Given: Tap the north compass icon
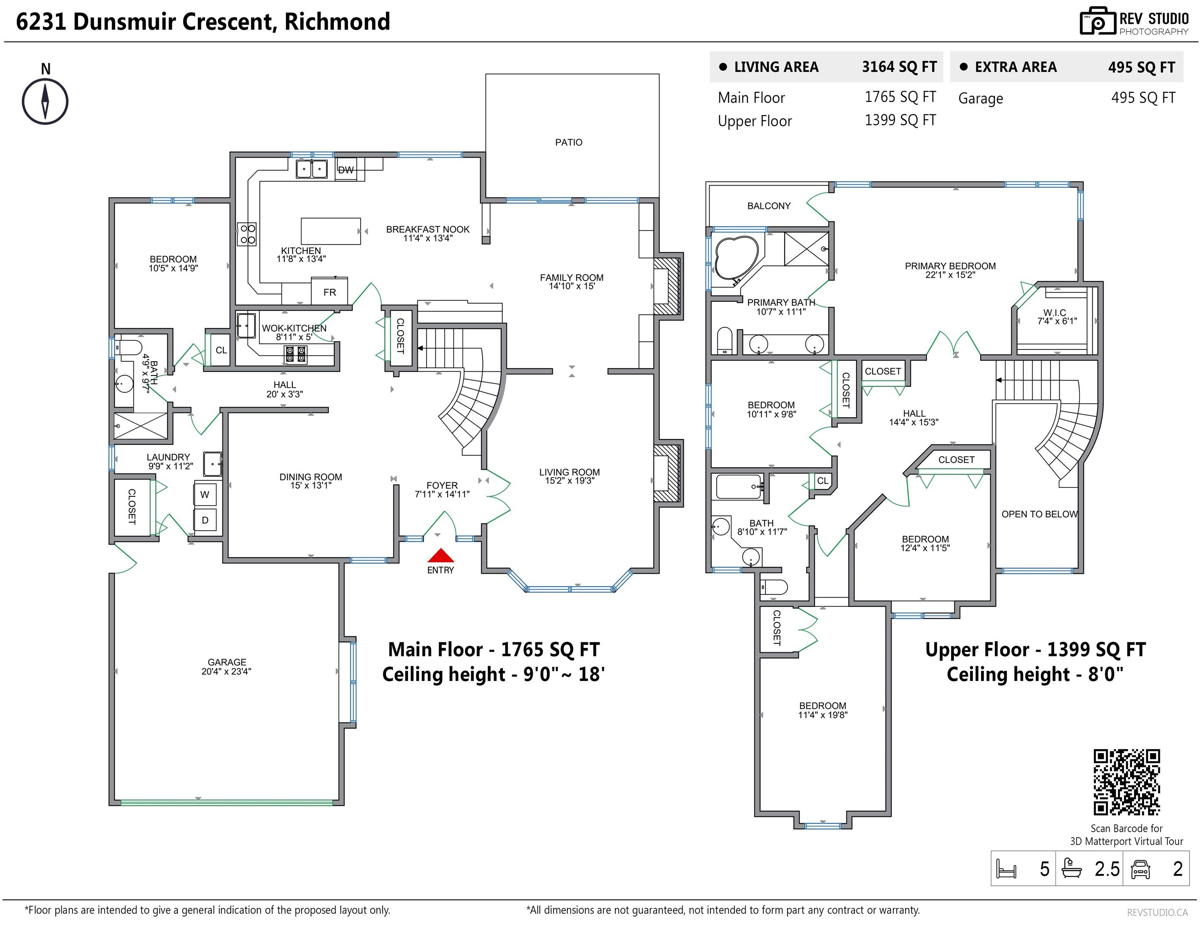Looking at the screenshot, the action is coord(45,102).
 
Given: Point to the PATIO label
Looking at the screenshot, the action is coord(569,142).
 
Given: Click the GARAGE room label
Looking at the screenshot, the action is coord(227,662).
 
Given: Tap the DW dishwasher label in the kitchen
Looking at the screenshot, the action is coord(346,170).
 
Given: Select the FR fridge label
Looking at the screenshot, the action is coord(330,292).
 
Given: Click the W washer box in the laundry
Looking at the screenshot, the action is coord(205,494).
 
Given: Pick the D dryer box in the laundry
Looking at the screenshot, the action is coord(205,520).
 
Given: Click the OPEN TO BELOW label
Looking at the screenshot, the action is coord(1040,514).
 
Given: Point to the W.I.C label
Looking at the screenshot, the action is coord(1054,312).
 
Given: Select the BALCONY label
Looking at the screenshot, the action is coord(769,206).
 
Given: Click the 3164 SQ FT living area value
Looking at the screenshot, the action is coord(899,67).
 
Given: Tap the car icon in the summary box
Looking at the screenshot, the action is coord(1141,869).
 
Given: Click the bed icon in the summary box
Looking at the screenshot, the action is coord(1006,869).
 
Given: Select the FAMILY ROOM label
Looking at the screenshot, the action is coord(571,277).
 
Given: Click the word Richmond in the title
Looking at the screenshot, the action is coord(337,21).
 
